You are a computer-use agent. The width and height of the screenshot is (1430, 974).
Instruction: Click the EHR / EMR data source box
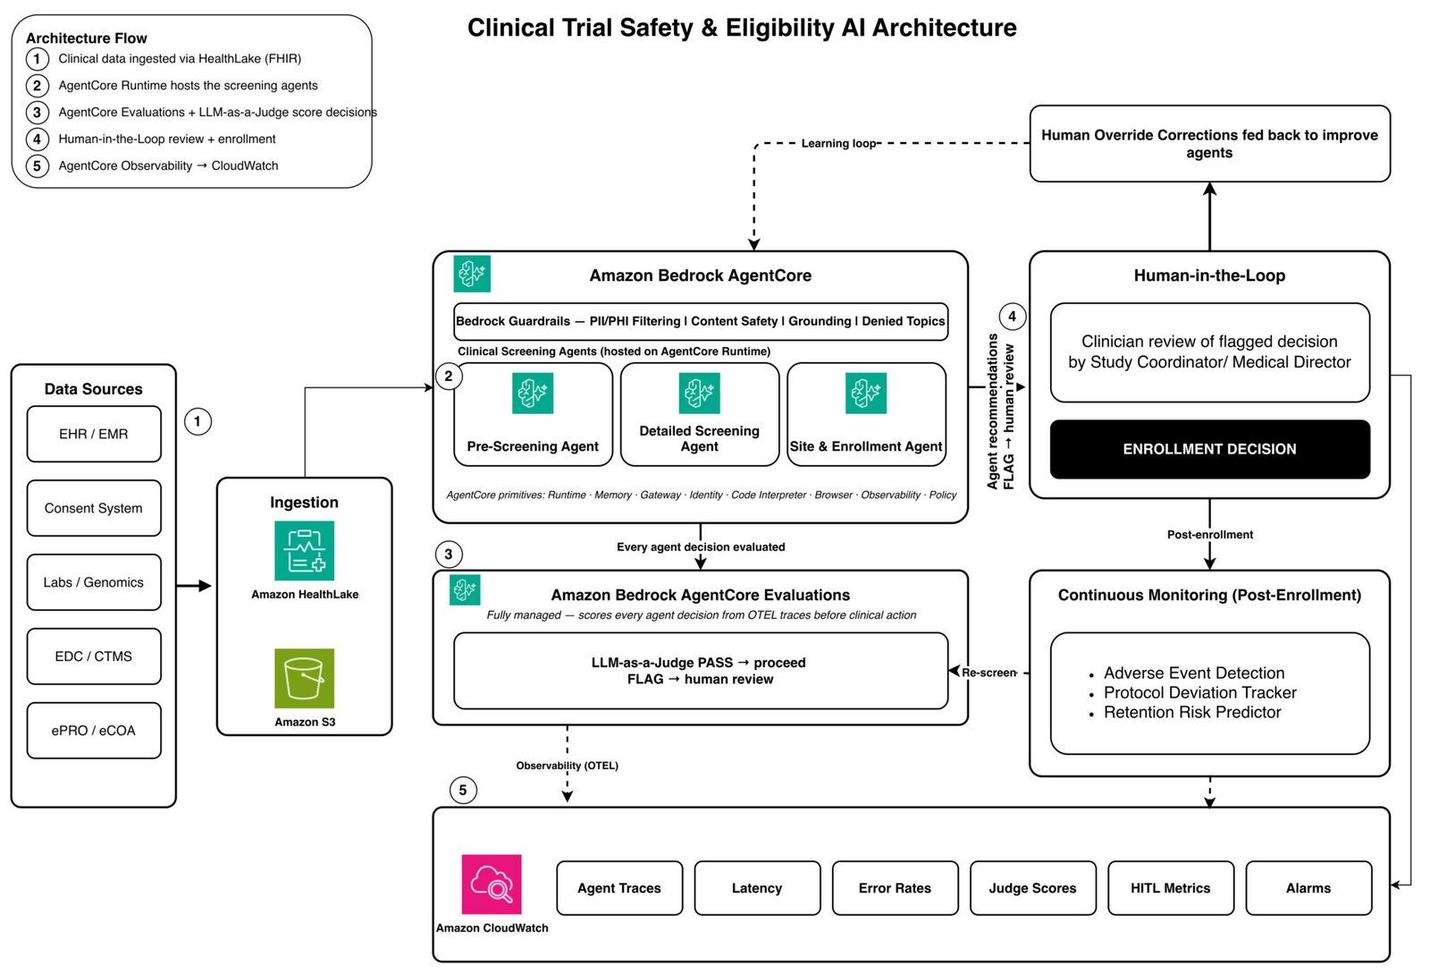[94, 434]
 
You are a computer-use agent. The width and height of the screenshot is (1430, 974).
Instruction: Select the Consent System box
[94, 508]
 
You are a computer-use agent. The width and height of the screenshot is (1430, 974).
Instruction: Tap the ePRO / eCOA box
[94, 730]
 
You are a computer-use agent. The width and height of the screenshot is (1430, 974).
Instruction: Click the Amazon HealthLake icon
[305, 551]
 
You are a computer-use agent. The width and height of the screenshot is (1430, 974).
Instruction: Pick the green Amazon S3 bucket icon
[305, 678]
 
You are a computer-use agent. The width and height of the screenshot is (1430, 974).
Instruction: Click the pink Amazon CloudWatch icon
[492, 884]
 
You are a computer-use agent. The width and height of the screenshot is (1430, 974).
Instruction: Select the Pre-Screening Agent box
[533, 414]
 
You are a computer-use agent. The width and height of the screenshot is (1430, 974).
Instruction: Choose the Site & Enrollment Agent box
[866, 414]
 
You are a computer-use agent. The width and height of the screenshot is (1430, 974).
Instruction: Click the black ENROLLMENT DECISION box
[1210, 449]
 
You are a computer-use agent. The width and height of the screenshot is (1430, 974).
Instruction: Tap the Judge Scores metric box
[1032, 888]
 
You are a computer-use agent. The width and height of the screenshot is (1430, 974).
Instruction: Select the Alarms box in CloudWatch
[1308, 888]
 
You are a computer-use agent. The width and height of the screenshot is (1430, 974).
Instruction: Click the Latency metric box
[757, 888]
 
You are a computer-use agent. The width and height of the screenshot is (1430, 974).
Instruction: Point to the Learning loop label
[839, 143]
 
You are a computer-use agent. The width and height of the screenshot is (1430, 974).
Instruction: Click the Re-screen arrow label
[988, 672]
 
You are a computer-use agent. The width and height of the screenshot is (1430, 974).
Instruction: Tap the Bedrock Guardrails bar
[701, 321]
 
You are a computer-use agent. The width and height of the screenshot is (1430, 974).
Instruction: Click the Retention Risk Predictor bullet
[1192, 712]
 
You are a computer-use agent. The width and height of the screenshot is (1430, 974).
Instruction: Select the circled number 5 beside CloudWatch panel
[463, 790]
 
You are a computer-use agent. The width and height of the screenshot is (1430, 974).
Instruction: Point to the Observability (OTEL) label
[567, 765]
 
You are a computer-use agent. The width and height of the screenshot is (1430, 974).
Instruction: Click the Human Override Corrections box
[1210, 144]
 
